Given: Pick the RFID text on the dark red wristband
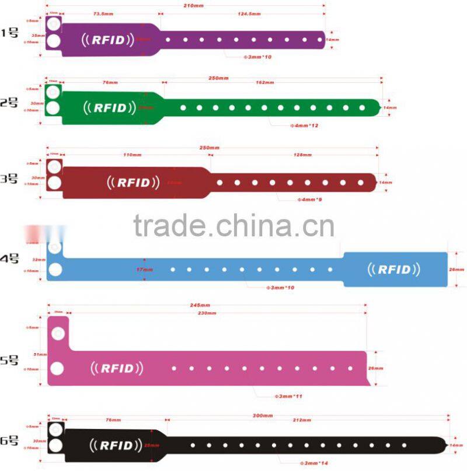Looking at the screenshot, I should [134, 182].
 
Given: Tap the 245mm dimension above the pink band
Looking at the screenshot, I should [201, 305].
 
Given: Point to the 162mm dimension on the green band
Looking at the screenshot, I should [265, 83].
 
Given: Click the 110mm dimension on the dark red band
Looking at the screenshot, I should [133, 155].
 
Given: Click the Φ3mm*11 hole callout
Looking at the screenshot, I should [288, 396].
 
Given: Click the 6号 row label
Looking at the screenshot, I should [10, 441].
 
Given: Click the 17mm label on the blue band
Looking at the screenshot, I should [144, 270].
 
